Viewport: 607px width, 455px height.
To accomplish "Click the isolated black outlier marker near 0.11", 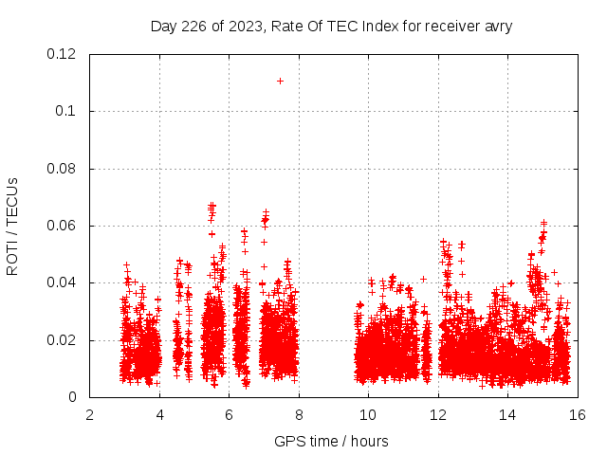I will tap(280, 81).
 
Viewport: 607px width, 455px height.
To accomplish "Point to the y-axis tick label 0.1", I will tap(66, 111).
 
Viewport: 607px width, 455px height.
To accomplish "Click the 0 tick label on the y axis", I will tap(73, 397).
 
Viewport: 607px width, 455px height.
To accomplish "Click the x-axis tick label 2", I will tap(89, 414).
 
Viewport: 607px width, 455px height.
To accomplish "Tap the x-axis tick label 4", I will tap(159, 414).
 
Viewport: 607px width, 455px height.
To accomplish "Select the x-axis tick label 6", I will tap(229, 414).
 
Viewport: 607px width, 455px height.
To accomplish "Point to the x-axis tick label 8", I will tap(299, 414).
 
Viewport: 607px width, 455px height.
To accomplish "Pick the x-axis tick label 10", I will tap(368, 414).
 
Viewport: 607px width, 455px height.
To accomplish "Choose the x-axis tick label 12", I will tap(438, 414).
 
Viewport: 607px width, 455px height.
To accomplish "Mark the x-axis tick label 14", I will tap(507, 414).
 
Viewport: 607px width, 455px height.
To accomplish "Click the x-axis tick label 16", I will tap(578, 414).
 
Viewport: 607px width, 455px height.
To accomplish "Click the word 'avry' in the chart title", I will tap(497, 27).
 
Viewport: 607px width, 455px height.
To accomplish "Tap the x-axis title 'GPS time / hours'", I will tap(331, 441).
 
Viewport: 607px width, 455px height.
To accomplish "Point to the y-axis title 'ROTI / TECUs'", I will tap(12, 226).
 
